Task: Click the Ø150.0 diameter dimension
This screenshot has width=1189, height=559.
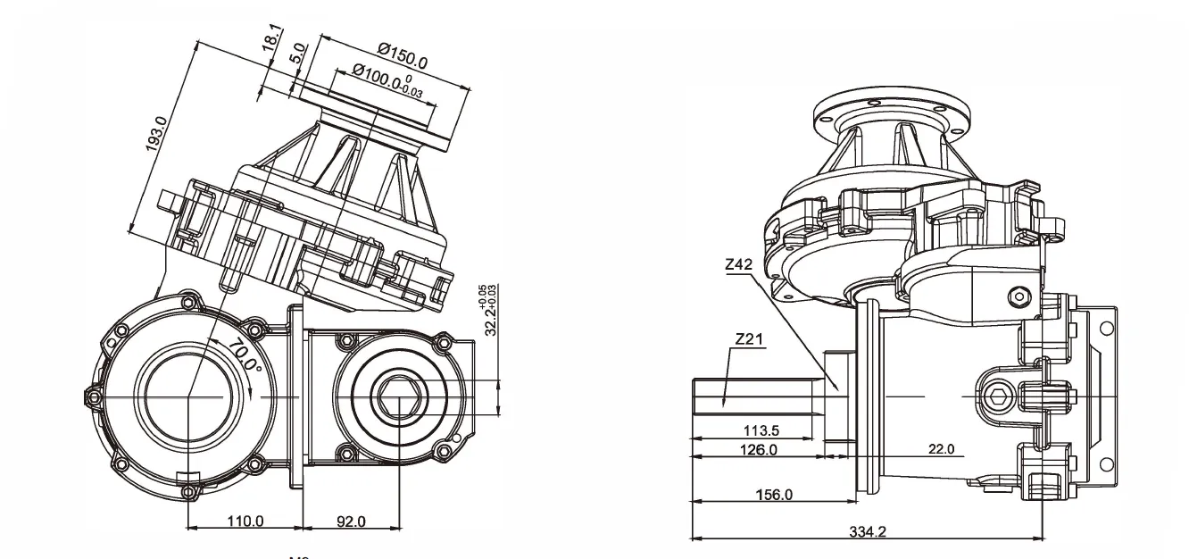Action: [403, 59]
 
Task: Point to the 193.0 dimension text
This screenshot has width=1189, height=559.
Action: [158, 135]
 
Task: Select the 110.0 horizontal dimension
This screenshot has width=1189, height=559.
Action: [245, 521]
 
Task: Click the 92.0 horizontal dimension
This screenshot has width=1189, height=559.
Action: [349, 521]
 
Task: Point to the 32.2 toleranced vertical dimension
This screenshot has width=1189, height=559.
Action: [490, 311]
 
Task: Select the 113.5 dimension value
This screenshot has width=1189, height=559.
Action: [761, 430]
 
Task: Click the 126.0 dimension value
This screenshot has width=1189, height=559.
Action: [759, 450]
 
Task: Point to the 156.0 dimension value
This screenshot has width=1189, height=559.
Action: [774, 495]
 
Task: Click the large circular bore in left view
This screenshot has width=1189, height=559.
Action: [188, 396]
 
